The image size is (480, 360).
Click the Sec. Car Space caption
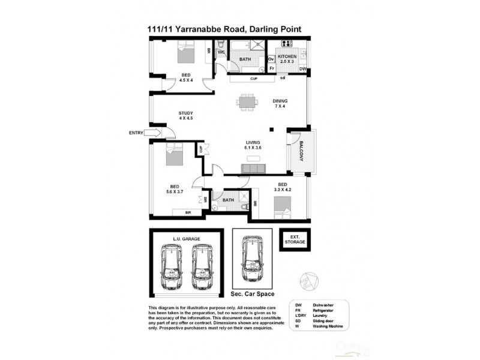click(x=253, y=295)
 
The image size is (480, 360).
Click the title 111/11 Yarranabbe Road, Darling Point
click(x=233, y=28)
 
